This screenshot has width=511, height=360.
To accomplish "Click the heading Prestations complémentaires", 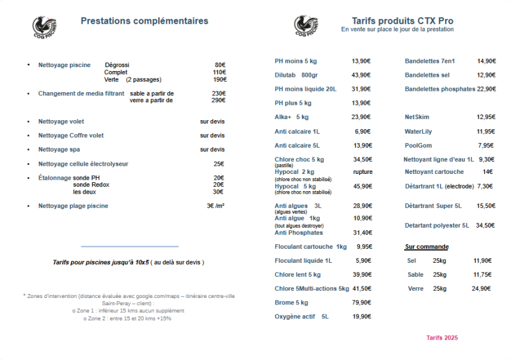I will (144, 21).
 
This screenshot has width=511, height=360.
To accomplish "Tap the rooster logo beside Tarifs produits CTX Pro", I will (306, 26).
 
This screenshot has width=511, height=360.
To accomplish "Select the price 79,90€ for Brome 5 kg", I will (361, 302).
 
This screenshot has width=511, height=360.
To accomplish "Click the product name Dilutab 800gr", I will (296, 75).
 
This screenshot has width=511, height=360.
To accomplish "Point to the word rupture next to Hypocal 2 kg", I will (363, 172).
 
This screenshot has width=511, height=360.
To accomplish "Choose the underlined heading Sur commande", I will (427, 247).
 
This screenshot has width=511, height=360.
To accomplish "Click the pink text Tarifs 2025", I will (442, 338).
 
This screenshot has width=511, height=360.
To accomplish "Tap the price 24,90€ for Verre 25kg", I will (481, 288).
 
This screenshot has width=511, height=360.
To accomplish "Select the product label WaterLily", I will (418, 131).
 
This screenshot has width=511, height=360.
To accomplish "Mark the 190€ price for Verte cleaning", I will (220, 80).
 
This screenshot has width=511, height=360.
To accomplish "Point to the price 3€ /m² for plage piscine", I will (216, 206).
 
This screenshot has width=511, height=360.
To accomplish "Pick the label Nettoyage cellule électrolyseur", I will (83, 164).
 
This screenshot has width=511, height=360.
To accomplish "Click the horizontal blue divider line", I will (130, 246).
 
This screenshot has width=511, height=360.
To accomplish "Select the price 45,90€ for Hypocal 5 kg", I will (362, 186).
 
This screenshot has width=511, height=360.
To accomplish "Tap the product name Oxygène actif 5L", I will (301, 317).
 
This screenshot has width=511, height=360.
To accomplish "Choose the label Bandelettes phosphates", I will (440, 89).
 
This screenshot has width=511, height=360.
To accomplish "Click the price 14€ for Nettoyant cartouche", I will (487, 172).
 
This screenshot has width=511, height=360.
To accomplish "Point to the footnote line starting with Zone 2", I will (127, 318).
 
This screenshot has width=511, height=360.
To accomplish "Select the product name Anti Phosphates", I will (299, 233).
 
